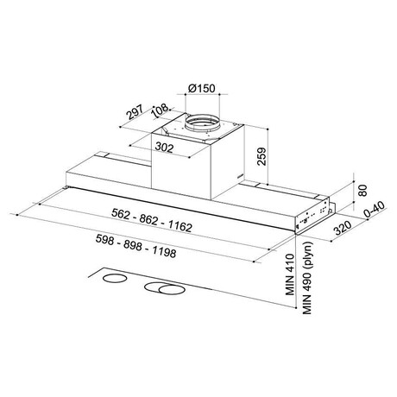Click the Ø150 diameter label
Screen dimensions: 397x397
point(201,88)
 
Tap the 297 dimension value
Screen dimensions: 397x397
point(135,112)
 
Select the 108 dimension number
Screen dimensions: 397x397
point(161,110)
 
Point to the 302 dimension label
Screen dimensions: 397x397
point(164,148)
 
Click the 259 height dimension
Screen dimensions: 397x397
point(262,157)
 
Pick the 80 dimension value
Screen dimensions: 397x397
point(363,191)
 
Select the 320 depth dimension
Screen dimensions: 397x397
point(343,228)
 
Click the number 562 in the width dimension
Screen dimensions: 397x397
point(121,214)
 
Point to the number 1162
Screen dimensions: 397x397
point(180,227)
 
